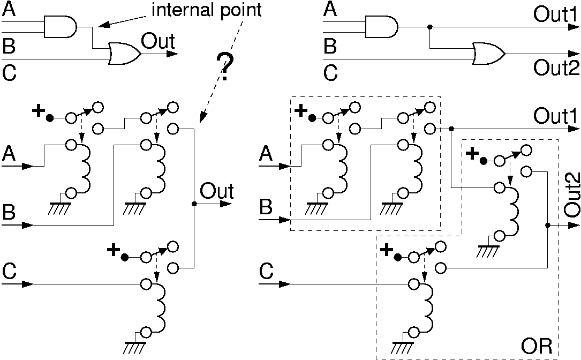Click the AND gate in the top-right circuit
381,26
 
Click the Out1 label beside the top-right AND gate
555,14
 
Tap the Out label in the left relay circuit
217,191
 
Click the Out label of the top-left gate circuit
157,41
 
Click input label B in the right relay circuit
266,207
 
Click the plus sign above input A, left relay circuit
38,111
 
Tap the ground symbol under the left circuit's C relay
132,347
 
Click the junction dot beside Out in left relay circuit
193,204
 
